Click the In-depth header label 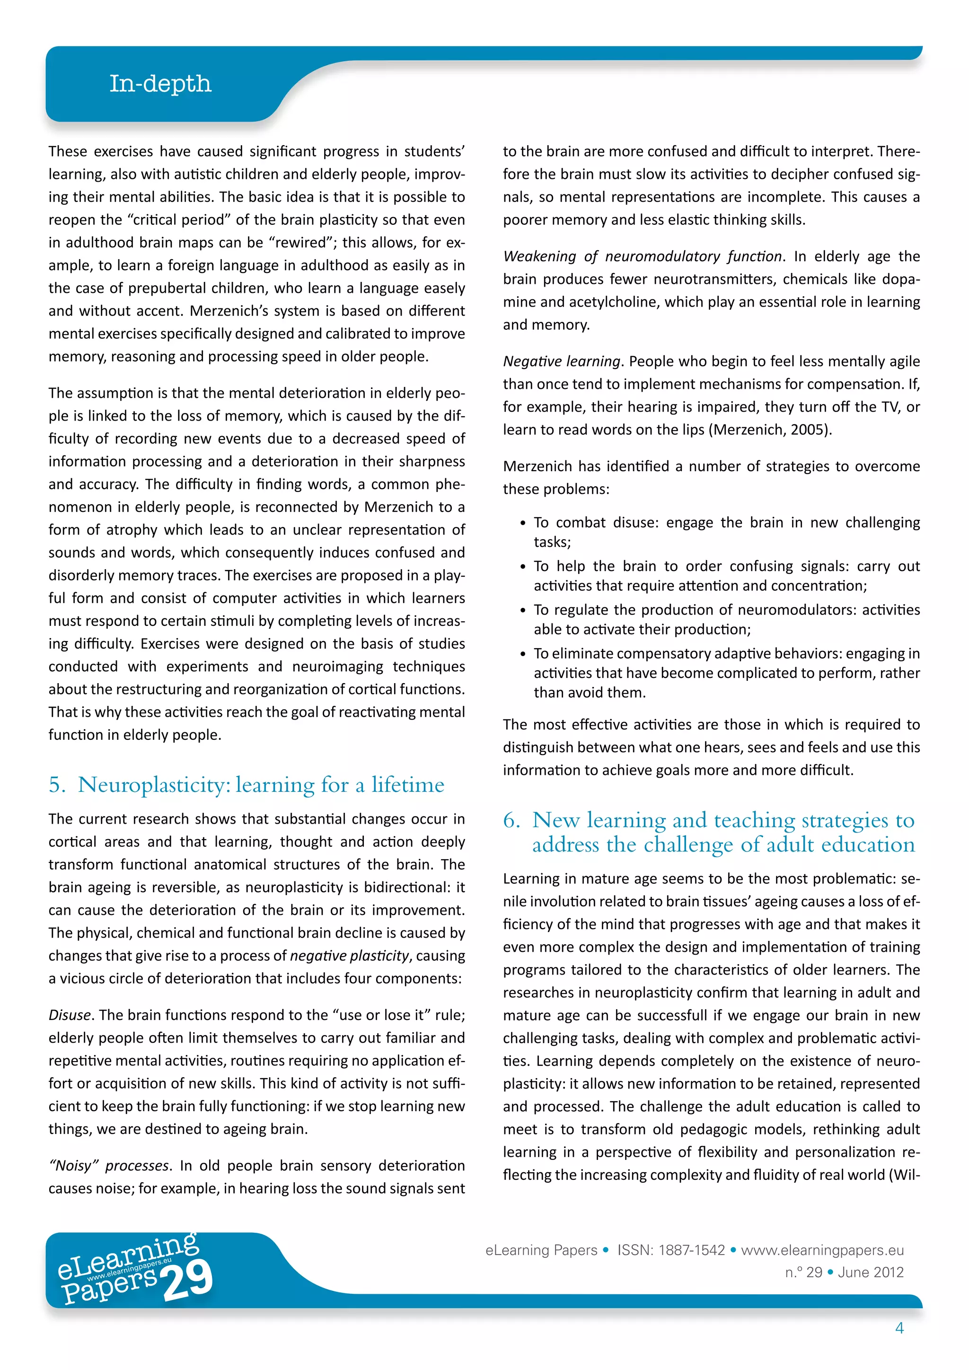tap(160, 84)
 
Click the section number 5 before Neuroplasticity tap(57, 785)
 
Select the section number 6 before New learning tap(511, 820)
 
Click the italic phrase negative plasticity tap(349, 956)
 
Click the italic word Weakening tap(539, 256)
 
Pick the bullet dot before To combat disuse tap(523, 523)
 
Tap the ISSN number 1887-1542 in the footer tap(692, 1250)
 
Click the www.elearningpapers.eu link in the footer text tap(822, 1250)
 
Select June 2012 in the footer tap(871, 1272)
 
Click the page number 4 tap(899, 1328)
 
